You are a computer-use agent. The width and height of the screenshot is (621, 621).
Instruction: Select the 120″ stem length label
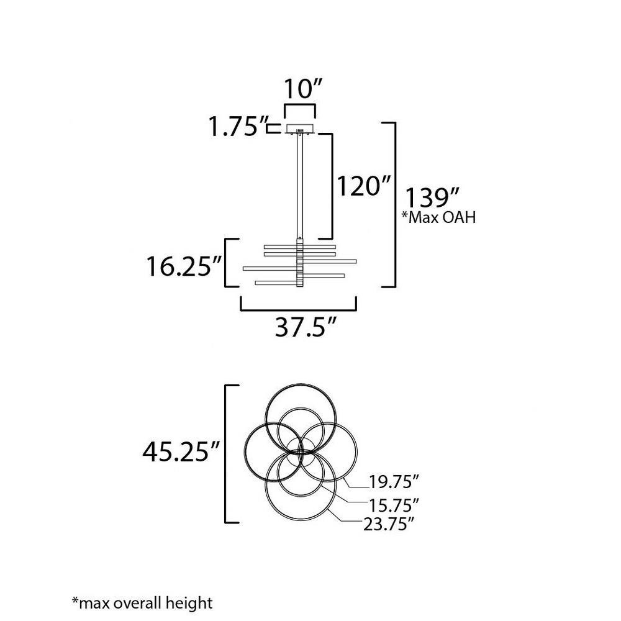click(x=363, y=186)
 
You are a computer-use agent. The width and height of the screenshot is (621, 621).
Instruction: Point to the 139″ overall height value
click(x=432, y=197)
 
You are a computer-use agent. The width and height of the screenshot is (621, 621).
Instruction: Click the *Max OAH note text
click(x=439, y=217)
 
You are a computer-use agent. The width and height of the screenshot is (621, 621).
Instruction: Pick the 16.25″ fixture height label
click(x=184, y=266)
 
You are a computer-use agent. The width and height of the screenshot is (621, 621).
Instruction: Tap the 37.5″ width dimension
click(x=306, y=327)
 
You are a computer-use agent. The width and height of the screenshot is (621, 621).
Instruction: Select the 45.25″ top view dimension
click(x=181, y=451)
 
